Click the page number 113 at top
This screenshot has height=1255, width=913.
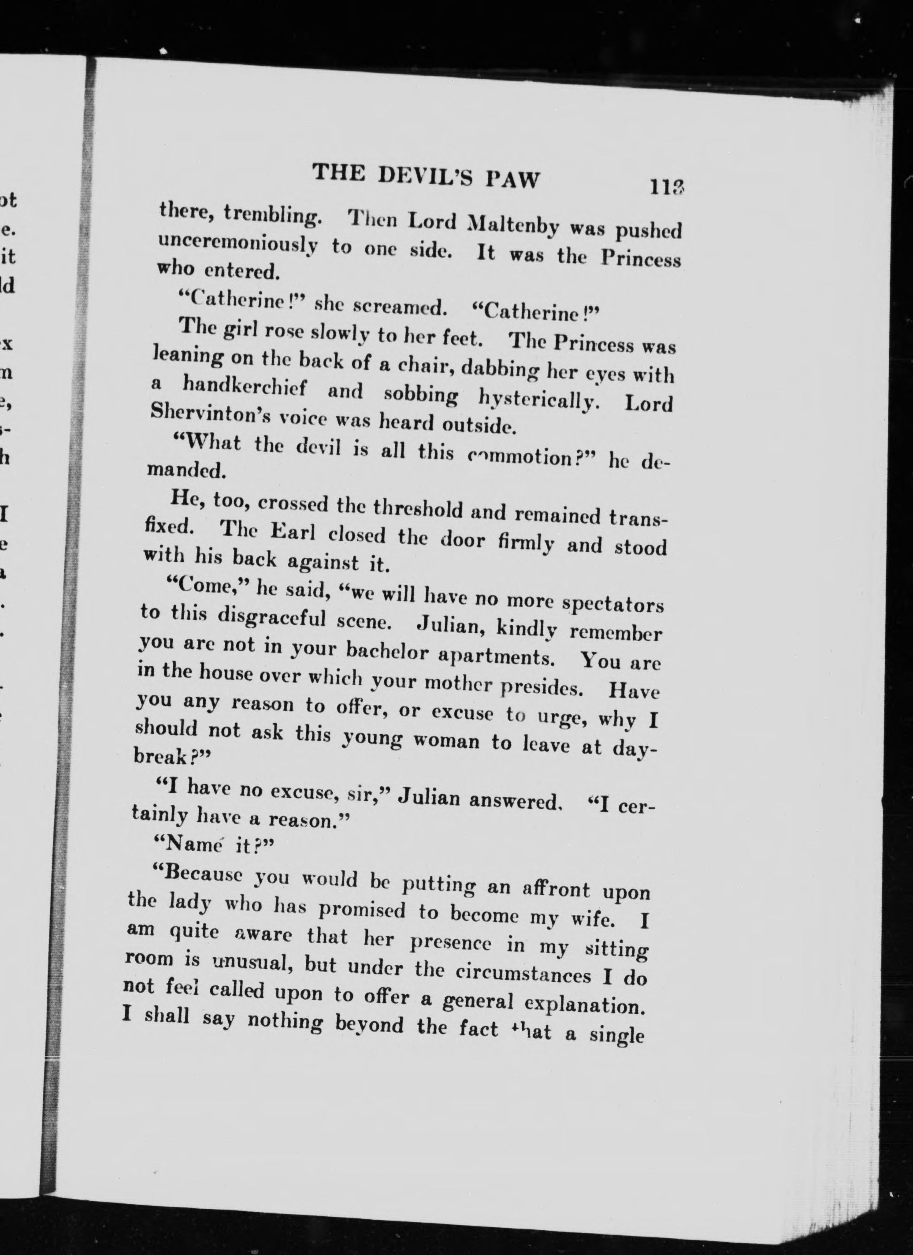[668, 187]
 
